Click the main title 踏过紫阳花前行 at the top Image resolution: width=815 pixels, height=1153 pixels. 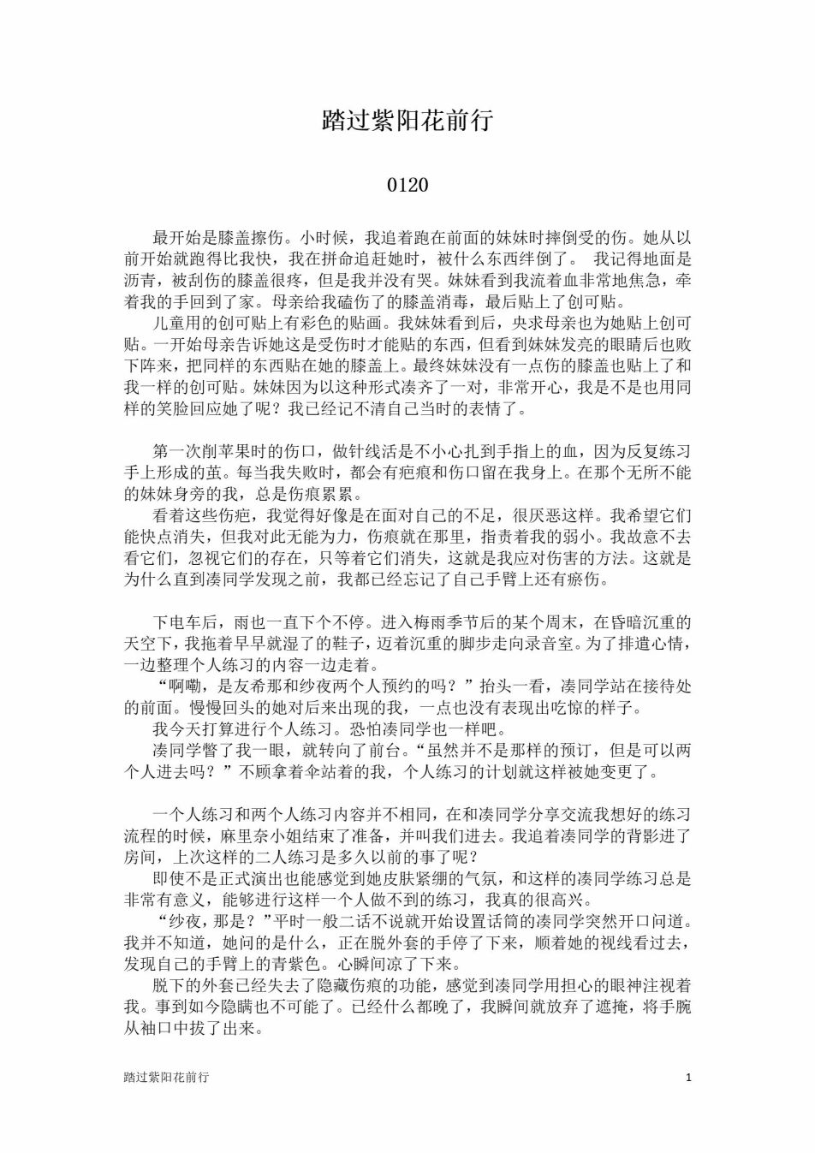coord(407,120)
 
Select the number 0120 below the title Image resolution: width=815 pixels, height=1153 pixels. coord(407,185)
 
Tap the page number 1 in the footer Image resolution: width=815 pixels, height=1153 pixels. coord(688,1077)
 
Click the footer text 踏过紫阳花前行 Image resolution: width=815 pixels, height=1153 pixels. coord(166,1077)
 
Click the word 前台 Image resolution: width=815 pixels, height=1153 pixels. coord(361,750)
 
